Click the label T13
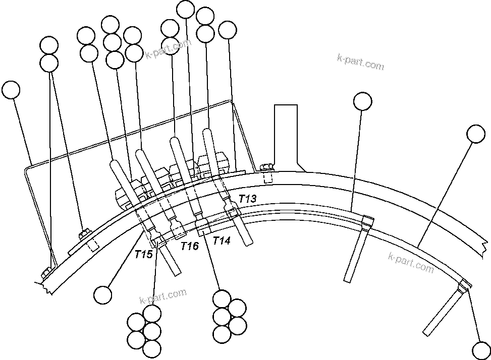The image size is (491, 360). [x=247, y=199]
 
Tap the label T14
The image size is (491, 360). [x=221, y=241]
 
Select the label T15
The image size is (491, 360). [x=143, y=255]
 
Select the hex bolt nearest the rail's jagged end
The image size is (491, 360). [x=45, y=273]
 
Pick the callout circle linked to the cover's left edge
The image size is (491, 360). [x=11, y=90]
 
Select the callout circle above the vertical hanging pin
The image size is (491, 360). [x=362, y=101]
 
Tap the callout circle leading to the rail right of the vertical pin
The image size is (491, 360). [x=475, y=134]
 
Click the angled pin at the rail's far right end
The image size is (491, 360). [x=444, y=310]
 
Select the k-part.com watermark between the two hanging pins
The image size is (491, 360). [x=411, y=263]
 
